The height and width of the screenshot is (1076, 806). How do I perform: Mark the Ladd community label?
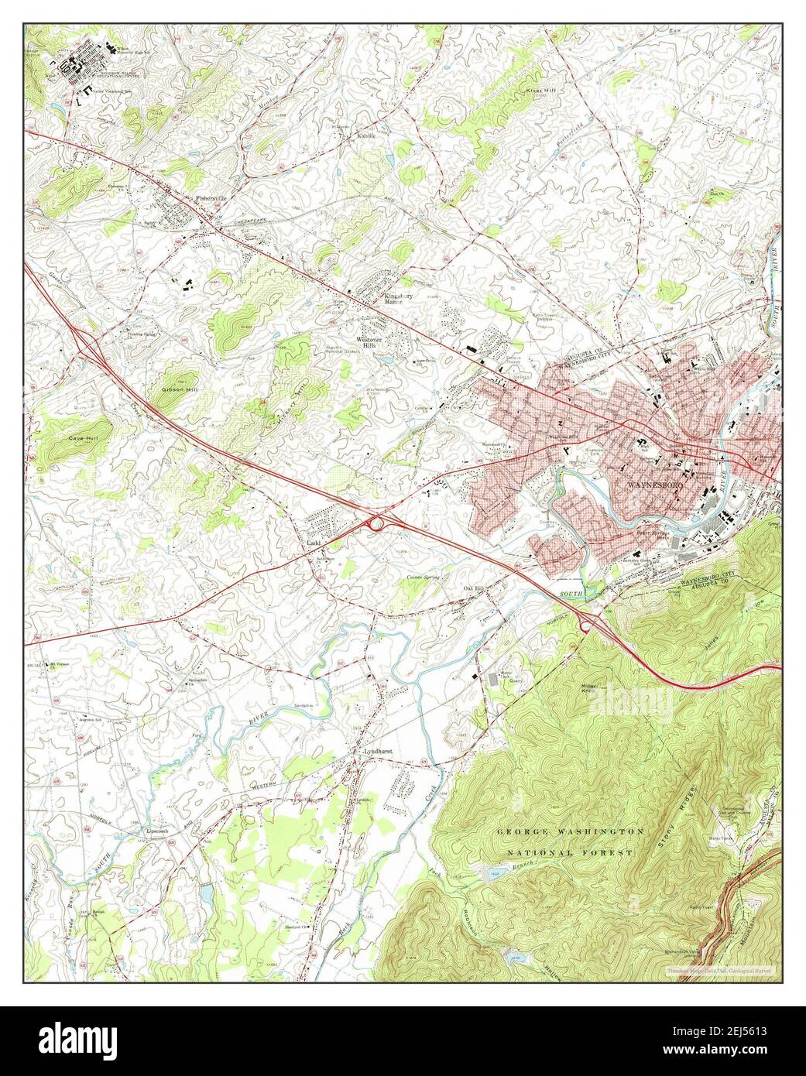click(314, 543)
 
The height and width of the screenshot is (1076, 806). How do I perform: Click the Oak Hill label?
click(473, 589)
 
